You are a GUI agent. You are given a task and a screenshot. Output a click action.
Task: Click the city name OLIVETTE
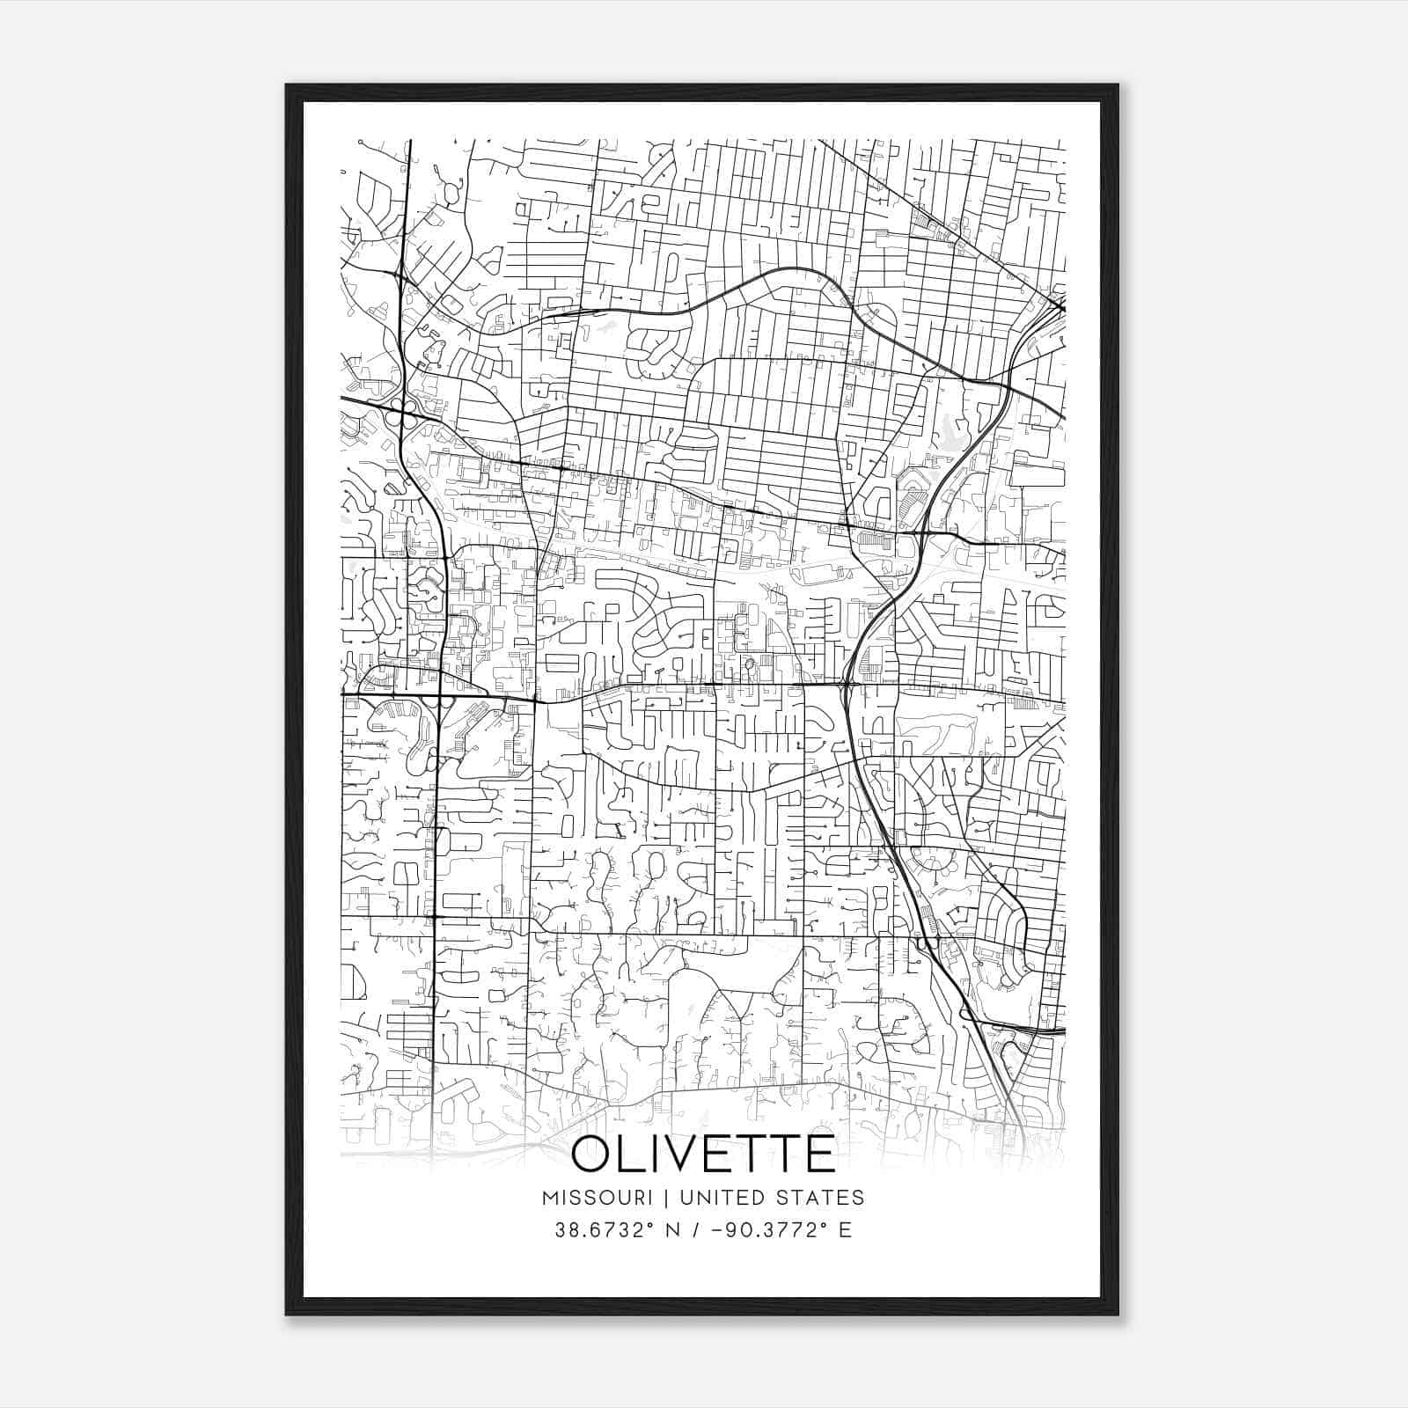pyautogui.click(x=703, y=1154)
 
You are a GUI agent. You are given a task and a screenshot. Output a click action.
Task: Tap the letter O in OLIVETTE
pyautogui.click(x=593, y=1154)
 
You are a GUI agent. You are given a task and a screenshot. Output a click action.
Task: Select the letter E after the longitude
pyautogui.click(x=845, y=1230)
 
